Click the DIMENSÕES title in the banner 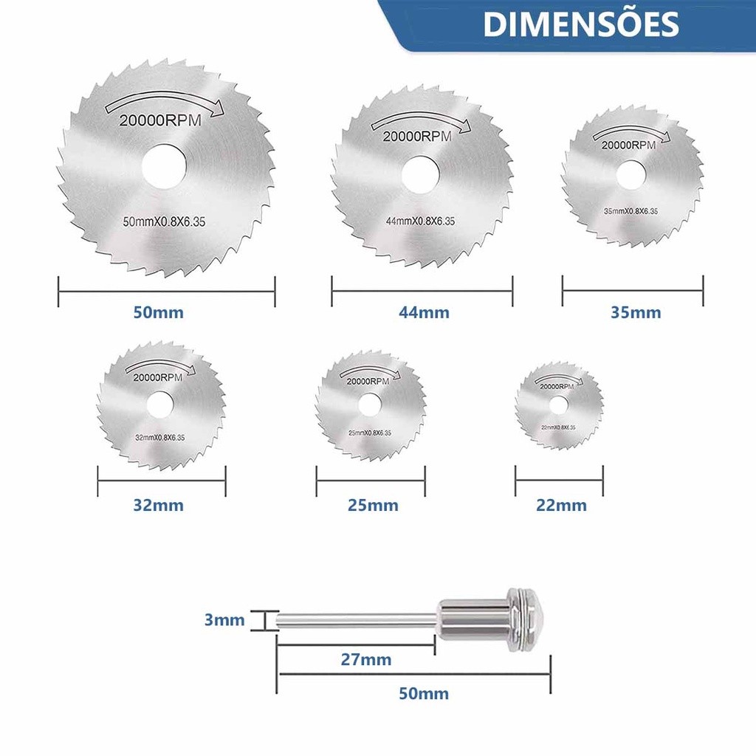click(x=581, y=24)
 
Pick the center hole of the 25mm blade click(x=370, y=405)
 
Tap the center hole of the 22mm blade click(x=558, y=405)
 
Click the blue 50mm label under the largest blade click(x=158, y=312)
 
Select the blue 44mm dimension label click(x=424, y=312)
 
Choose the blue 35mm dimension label click(x=636, y=312)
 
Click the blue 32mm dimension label click(x=158, y=506)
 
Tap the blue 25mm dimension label click(x=373, y=506)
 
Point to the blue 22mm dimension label click(x=562, y=506)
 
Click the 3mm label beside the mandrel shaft click(x=224, y=620)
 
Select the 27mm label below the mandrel click(x=366, y=659)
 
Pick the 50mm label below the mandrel click(x=423, y=694)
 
